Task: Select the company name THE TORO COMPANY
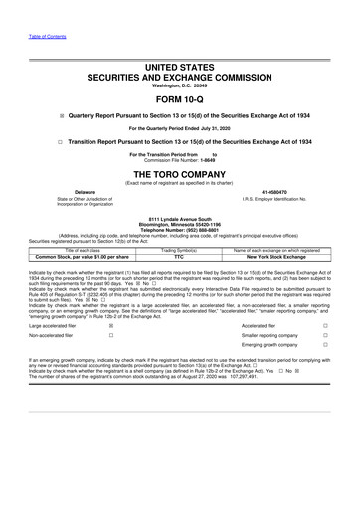pos(180,172)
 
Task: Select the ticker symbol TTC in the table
pos(179,255)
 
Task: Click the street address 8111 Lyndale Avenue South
pos(180,218)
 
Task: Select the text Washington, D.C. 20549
pos(180,85)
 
